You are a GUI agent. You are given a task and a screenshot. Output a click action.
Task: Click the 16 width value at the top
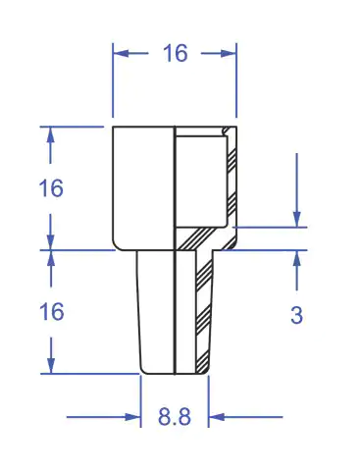(176, 53)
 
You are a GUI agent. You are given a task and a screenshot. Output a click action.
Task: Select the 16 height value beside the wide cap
(51, 188)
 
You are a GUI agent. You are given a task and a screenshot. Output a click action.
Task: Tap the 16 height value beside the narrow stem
(51, 311)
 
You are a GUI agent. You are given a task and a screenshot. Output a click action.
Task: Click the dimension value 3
(296, 315)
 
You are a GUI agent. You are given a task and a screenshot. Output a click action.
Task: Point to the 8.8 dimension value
(175, 417)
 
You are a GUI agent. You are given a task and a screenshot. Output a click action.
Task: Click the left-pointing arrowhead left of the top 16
(121, 53)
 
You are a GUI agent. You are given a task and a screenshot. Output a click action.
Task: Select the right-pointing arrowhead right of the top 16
(229, 53)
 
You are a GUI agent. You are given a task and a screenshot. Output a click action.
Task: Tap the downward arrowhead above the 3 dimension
(297, 219)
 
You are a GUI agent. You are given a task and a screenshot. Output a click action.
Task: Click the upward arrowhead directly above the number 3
(297, 258)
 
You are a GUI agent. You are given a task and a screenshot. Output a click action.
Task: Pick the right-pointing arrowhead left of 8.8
(133, 417)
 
